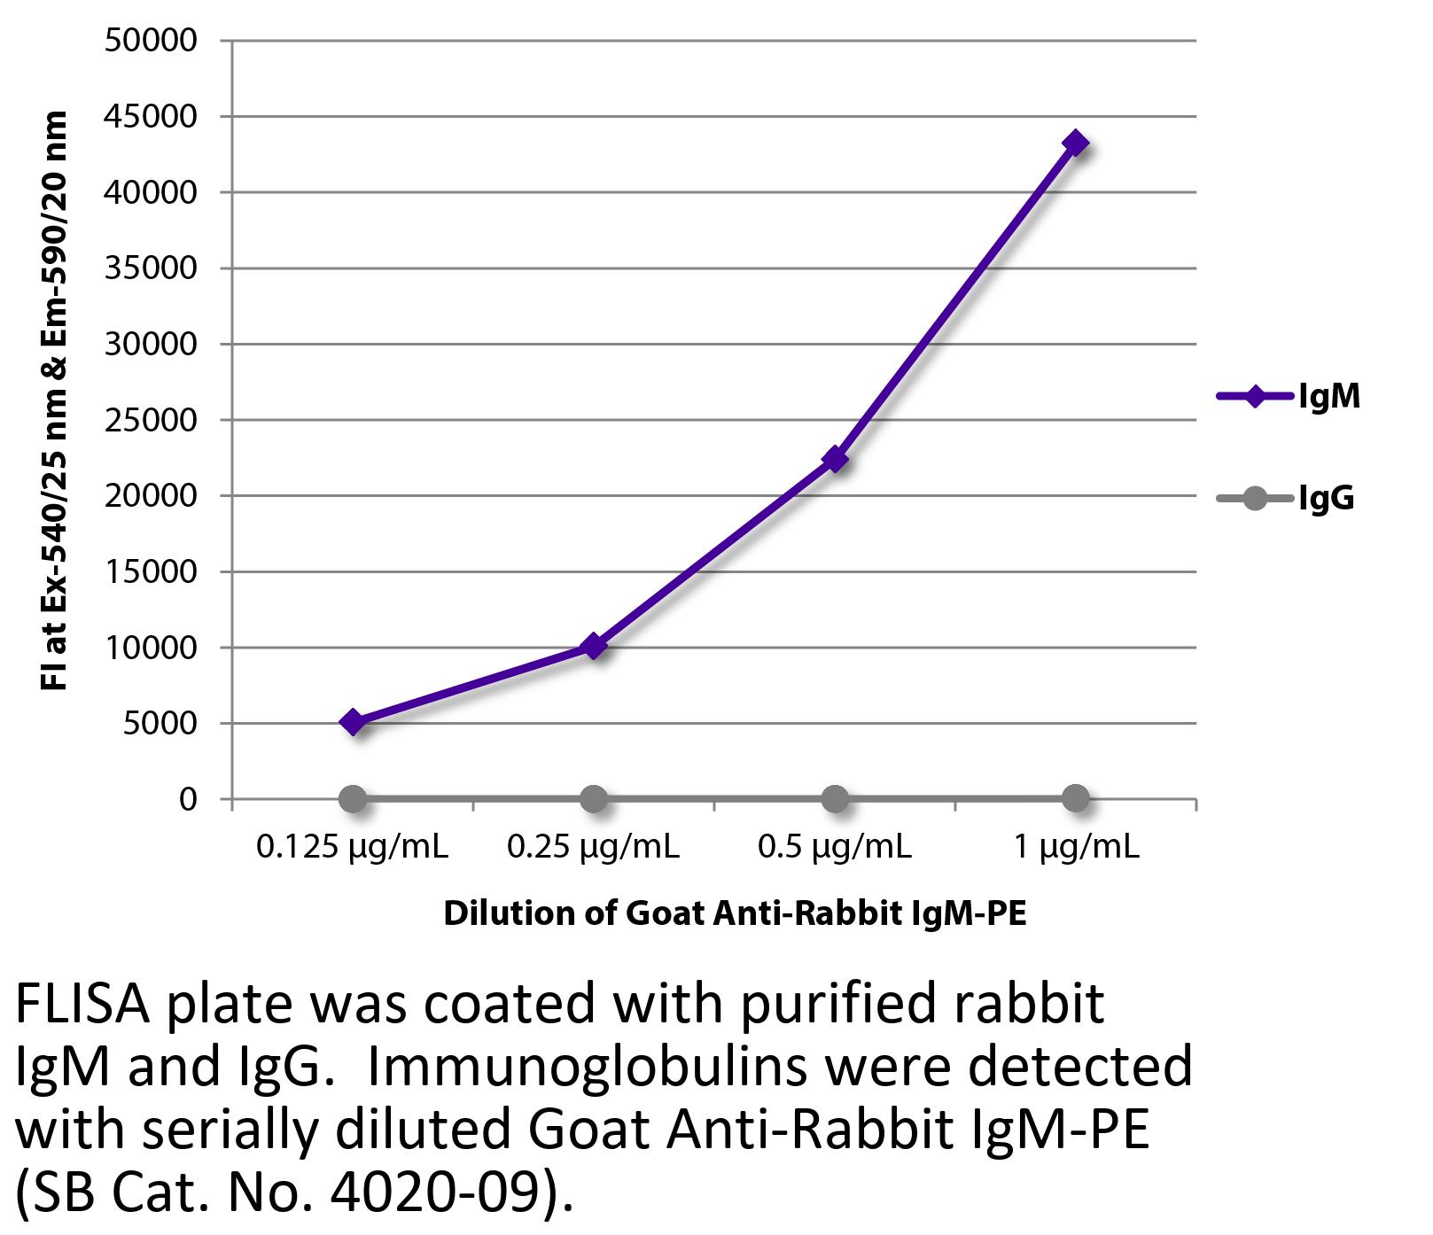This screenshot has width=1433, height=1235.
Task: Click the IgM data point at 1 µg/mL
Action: pos(1075,143)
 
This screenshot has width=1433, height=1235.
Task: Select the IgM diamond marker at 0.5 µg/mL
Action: pos(835,459)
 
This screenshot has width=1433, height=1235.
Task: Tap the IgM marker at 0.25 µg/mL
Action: pos(594,646)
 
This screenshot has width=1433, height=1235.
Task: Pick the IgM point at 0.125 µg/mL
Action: pos(353,722)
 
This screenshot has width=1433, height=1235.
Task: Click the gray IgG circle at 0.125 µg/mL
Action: pos(353,799)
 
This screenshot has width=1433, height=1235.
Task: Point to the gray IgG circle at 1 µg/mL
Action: pos(1075,799)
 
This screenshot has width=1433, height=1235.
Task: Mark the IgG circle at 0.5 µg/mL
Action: pos(835,799)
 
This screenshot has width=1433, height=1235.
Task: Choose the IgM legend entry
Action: pos(1289,396)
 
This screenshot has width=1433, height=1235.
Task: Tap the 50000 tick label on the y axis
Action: pos(151,40)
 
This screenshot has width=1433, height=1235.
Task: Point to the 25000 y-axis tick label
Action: pos(151,420)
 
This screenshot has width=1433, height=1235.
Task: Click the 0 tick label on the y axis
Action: pos(187,799)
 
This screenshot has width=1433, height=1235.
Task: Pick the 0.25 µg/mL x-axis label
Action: pos(593,848)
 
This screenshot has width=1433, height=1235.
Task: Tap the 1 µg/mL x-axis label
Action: pos(1076,848)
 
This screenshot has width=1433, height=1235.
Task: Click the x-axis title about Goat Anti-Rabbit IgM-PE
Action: pos(735,913)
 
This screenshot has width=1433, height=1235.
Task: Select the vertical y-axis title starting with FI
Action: pos(54,400)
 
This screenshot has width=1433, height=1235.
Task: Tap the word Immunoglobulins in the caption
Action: pos(587,1067)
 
